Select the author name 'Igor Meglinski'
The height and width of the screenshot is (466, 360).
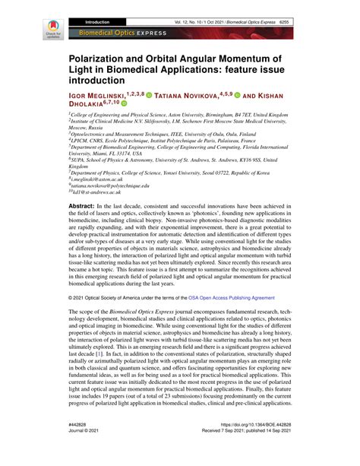click(x=102, y=94)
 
